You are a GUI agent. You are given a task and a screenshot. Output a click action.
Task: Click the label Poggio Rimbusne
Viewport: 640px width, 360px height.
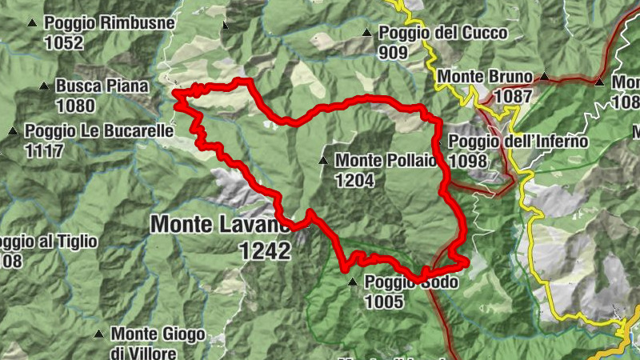110,23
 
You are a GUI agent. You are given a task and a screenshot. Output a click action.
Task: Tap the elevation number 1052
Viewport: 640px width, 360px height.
64,43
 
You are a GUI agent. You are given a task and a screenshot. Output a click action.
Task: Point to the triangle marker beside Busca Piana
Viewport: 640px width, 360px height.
43,86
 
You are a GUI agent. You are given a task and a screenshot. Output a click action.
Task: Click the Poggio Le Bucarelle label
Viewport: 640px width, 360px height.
99,130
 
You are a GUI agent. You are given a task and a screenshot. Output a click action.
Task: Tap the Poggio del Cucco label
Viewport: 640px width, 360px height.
442,33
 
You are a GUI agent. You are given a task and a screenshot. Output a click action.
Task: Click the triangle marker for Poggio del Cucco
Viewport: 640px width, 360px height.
366,33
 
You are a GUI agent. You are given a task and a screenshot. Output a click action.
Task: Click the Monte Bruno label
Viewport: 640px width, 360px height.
485,77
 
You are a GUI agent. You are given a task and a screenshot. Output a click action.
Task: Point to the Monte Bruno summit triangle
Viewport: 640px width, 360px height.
545,77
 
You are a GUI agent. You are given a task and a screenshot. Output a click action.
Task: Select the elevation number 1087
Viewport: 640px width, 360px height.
513,96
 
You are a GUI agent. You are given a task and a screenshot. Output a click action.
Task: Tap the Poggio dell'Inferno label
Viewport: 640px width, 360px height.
518,142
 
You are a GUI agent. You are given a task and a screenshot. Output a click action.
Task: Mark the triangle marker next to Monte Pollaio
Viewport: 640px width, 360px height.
323,161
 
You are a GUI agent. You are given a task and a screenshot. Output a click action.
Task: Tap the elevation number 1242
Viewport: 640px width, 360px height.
264,251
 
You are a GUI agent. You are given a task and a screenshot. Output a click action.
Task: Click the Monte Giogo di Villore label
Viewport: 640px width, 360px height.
158,342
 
